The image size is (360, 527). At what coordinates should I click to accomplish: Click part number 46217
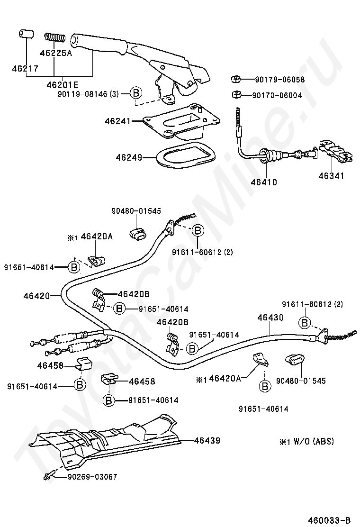click(25, 69)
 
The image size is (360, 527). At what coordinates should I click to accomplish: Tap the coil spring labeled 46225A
click(54, 37)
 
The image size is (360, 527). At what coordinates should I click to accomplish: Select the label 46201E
click(63, 85)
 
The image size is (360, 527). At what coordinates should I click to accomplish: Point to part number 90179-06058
click(278, 80)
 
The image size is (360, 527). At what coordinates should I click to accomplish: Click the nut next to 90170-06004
click(235, 94)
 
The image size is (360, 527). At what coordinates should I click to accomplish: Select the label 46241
click(118, 121)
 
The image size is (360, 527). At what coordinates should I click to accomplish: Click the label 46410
click(264, 182)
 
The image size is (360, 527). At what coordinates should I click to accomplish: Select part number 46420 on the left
click(36, 296)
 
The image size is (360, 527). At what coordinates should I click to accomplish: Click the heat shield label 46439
click(207, 440)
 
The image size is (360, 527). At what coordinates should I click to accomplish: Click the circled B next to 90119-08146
click(135, 94)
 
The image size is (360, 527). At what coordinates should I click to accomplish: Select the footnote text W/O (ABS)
click(313, 441)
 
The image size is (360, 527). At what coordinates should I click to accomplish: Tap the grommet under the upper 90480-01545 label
click(138, 234)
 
